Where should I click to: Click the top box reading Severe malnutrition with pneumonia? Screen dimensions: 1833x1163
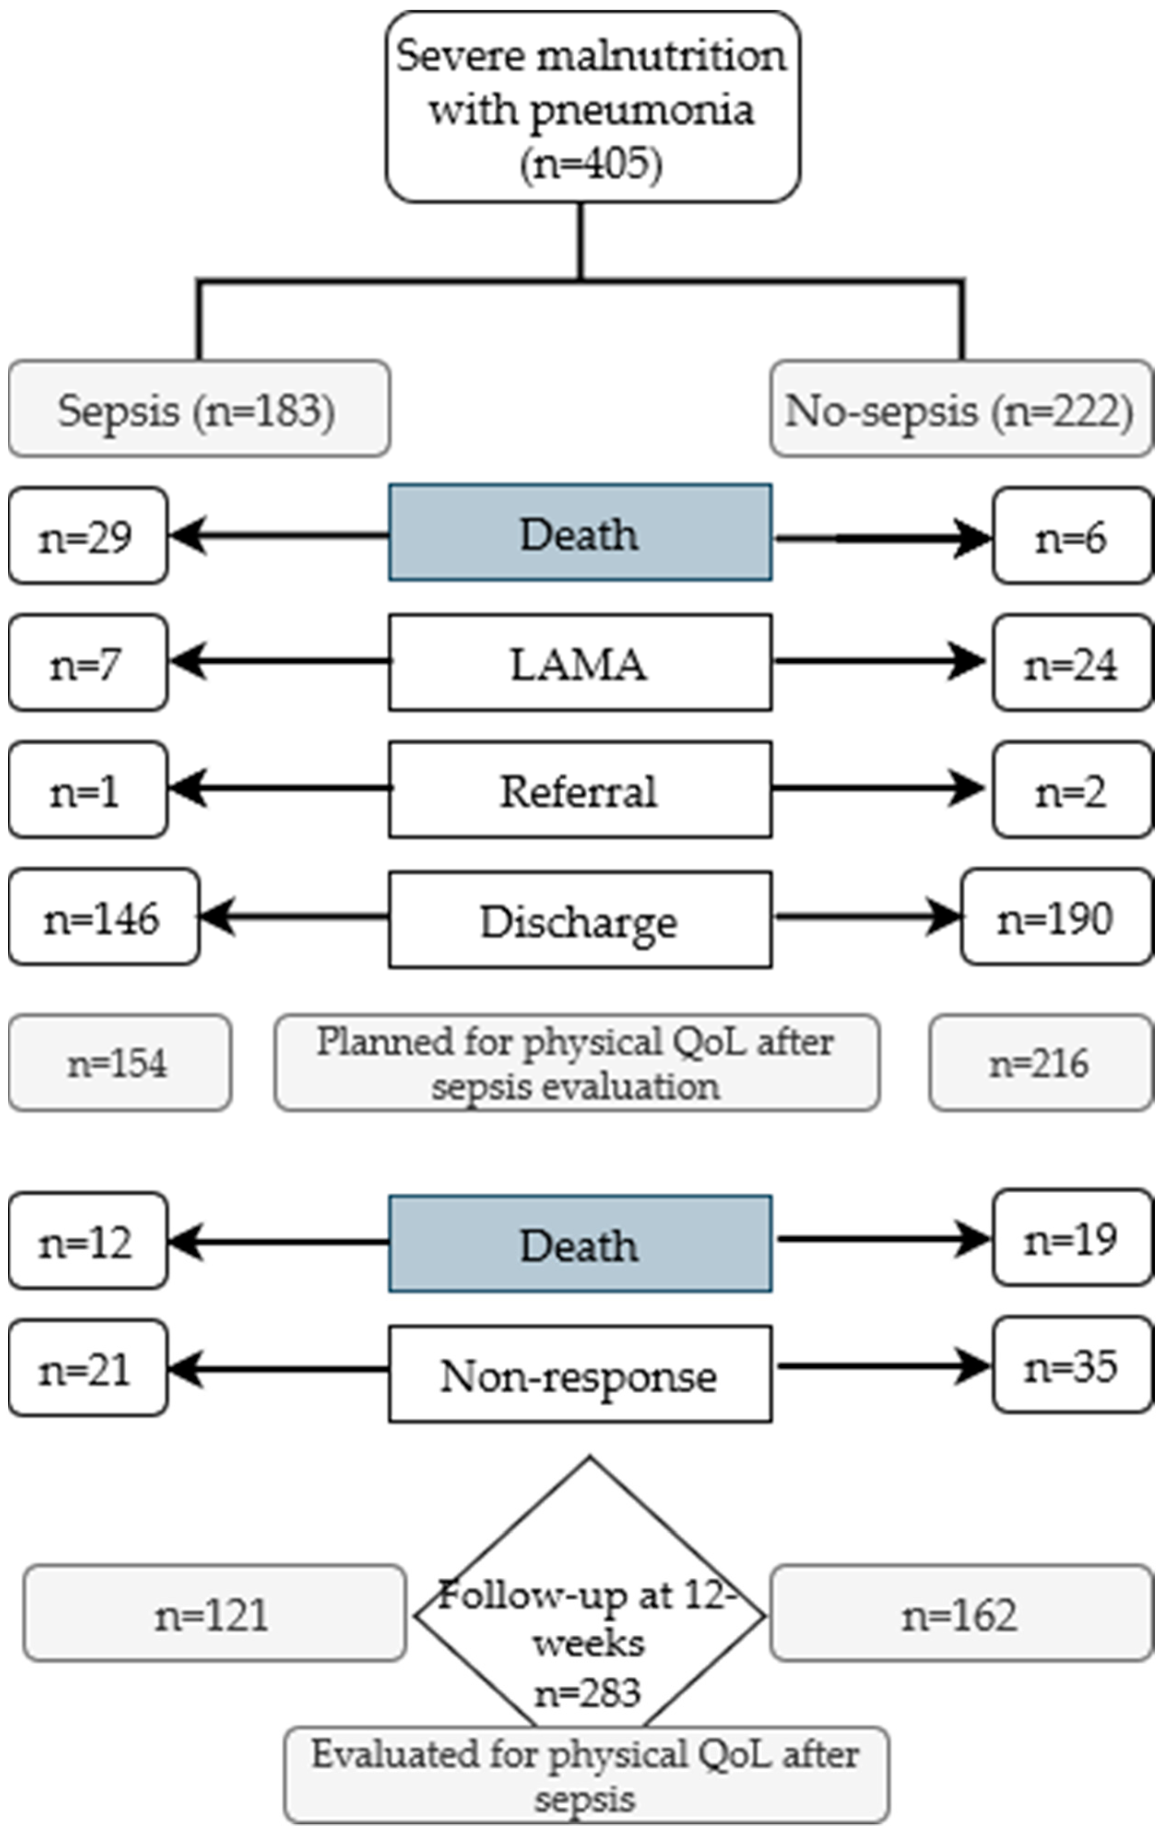pos(592,106)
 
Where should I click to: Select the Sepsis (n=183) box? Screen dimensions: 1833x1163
pos(200,409)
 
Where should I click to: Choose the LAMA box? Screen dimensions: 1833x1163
pos(580,662)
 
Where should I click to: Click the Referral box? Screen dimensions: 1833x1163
pos(580,790)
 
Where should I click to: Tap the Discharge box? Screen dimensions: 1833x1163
pos(580,919)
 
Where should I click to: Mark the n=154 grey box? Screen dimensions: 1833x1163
pos(119,1062)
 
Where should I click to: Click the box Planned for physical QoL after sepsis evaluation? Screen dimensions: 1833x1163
pos(577,1062)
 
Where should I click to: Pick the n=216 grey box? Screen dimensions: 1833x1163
pos(1040,1062)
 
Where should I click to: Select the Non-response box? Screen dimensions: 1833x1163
pos(580,1374)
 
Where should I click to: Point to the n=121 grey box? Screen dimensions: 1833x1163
pos(214,1614)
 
